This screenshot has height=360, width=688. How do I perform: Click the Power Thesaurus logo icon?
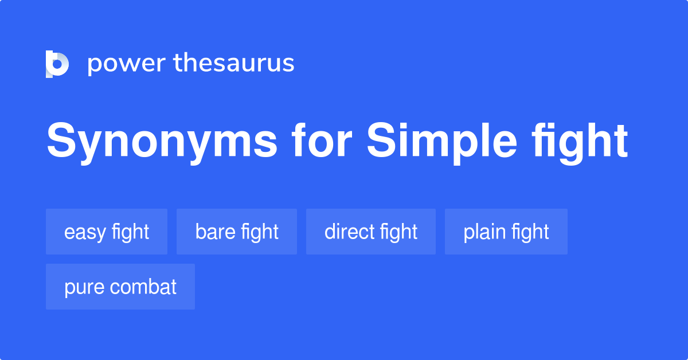57,64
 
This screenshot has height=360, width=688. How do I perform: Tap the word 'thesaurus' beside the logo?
234,64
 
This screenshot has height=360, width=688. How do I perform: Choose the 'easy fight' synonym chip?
107,232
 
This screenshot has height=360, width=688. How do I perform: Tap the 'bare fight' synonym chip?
237,232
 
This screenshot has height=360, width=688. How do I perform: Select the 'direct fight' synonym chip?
371,232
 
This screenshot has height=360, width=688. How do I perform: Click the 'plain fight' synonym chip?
506,232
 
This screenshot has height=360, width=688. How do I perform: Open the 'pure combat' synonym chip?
120,287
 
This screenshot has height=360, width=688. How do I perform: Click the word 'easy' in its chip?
85,232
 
